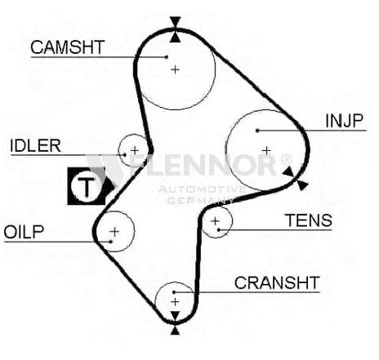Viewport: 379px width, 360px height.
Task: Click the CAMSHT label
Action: click(x=67, y=47)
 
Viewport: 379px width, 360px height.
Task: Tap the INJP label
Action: click(x=345, y=121)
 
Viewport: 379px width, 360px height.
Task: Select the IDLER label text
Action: click(x=35, y=145)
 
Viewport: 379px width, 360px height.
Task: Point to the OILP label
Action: click(x=24, y=232)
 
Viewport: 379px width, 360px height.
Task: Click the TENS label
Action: click(x=309, y=220)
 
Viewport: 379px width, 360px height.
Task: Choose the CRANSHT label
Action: click(x=277, y=282)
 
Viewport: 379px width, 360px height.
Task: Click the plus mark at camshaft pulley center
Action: click(x=176, y=70)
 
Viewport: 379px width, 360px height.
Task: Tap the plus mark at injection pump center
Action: click(x=266, y=150)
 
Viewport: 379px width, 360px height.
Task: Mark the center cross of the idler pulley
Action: click(x=135, y=150)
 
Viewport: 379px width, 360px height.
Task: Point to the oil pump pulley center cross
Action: click(x=114, y=232)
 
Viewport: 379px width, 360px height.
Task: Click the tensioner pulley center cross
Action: click(x=215, y=221)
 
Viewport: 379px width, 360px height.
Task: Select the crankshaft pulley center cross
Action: click(x=175, y=302)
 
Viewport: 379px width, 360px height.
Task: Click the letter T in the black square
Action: click(x=87, y=188)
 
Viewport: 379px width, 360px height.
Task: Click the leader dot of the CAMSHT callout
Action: click(x=167, y=57)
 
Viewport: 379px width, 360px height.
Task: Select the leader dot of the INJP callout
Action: click(x=257, y=131)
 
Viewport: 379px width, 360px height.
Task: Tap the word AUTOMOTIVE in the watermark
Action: click(x=202, y=189)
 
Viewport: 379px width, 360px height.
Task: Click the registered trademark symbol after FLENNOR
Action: click(x=287, y=159)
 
